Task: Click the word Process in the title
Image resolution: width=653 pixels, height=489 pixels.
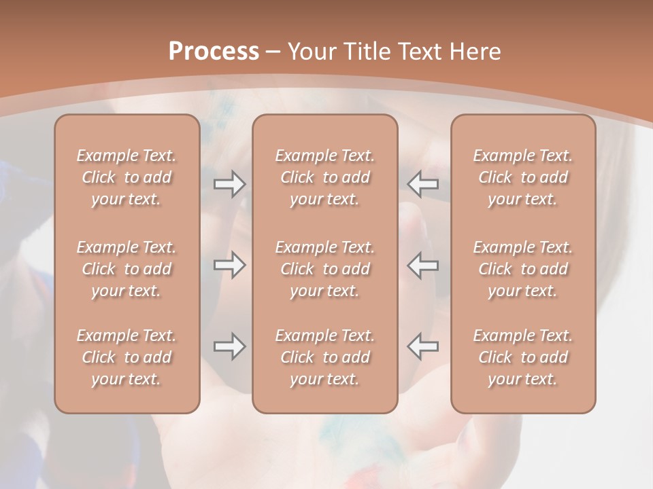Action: [x=214, y=52]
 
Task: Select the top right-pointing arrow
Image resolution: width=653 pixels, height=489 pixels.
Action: [x=230, y=184]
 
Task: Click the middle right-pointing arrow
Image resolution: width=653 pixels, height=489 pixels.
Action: [x=230, y=265]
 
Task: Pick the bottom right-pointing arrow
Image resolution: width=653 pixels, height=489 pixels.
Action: [x=230, y=346]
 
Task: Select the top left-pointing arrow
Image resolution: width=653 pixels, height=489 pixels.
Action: [x=422, y=184]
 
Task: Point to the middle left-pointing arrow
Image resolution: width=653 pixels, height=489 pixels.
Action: [x=422, y=265]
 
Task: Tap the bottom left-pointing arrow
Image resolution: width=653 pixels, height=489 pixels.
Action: [x=422, y=346]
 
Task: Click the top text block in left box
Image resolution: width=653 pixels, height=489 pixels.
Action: [x=127, y=177]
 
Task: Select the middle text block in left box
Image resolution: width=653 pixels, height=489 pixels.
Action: [x=127, y=269]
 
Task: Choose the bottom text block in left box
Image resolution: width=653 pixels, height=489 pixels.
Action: [x=127, y=357]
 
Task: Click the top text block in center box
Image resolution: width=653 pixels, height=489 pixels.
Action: [x=325, y=177]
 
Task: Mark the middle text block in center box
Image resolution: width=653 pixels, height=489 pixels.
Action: [x=325, y=269]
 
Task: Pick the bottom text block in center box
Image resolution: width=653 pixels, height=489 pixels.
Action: [x=325, y=357]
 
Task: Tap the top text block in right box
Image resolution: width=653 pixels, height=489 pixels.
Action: [x=523, y=177]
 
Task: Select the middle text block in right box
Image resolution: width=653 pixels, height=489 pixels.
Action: [x=523, y=269]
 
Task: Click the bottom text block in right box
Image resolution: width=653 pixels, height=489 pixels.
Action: [x=523, y=357]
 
